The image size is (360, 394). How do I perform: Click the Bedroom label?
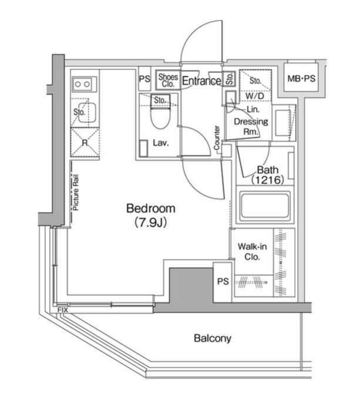150,208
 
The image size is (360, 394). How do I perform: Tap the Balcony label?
213,338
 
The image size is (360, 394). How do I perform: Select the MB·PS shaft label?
301,79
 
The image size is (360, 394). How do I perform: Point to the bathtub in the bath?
264,206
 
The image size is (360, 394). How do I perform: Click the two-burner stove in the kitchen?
82,84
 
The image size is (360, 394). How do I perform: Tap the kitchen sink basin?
87,113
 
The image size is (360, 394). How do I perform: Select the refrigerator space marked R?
85,143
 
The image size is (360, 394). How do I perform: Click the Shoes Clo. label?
168,80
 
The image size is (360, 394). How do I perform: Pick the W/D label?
255,96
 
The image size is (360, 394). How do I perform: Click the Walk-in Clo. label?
252,251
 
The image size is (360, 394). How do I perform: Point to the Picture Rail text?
75,193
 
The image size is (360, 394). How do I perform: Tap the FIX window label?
62,310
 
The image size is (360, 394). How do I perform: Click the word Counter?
217,138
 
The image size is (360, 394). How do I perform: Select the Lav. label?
161,143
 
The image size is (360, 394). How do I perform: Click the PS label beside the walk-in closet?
223,281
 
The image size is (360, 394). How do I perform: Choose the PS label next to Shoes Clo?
144,79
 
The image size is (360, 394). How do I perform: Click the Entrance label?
201,81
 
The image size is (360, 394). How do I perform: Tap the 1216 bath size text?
268,180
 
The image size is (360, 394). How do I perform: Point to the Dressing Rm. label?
251,126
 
